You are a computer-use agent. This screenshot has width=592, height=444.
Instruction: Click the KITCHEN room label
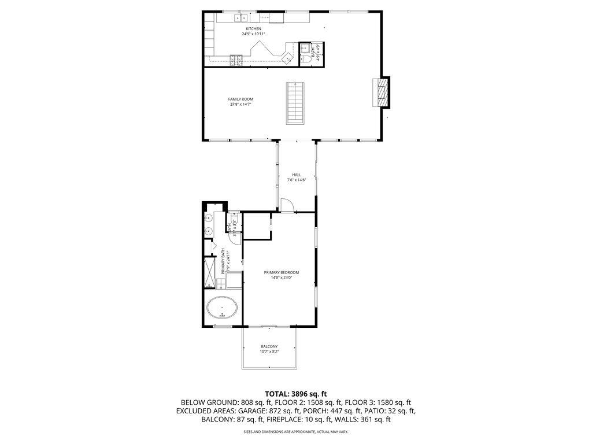tap(253, 28)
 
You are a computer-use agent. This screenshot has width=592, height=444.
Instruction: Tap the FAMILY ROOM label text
tap(240, 99)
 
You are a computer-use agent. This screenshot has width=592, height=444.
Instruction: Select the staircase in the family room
tap(295, 103)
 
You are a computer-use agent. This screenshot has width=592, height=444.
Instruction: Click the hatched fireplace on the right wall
tap(381, 92)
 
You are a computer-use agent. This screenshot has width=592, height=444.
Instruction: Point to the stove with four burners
tap(236, 58)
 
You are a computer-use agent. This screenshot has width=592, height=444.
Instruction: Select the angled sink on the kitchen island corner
tap(287, 57)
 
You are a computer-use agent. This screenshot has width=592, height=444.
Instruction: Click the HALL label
tap(297, 175)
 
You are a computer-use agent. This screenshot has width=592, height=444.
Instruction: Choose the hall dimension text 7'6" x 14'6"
tap(297, 180)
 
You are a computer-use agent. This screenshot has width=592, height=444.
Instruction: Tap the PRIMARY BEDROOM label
tap(282, 272)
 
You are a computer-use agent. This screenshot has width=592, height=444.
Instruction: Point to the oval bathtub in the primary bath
tap(223, 308)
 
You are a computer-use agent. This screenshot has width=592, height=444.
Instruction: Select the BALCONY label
tap(269, 346)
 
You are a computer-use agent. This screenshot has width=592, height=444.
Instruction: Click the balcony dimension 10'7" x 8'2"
tap(269, 351)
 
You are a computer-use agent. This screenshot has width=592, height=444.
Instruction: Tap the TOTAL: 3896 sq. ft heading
tap(295, 393)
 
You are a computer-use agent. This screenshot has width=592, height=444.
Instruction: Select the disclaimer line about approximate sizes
tap(295, 431)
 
